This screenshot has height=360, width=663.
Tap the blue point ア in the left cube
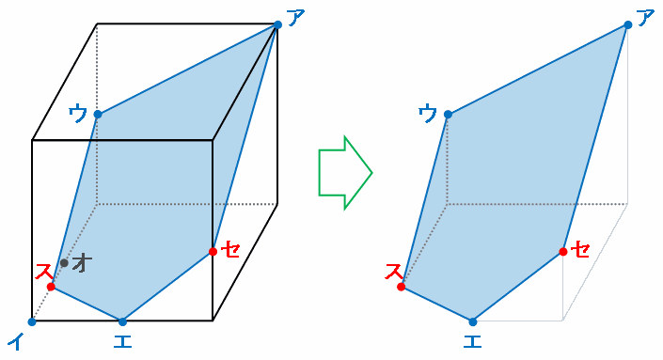[x=277, y=24]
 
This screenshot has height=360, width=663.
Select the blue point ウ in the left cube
[x=98, y=114]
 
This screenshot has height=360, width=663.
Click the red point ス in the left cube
[x=51, y=287]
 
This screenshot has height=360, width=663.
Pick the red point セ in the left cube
[x=213, y=251]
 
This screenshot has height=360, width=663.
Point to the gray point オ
[x=64, y=263]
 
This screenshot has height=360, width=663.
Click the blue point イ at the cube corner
[x=32, y=322]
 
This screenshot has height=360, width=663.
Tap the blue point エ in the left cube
[x=122, y=322]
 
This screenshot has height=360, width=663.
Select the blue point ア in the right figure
[x=628, y=24]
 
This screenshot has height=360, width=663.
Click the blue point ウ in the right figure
[x=448, y=114]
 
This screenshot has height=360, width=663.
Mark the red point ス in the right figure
[x=402, y=287]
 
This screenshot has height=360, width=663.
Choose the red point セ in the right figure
[x=563, y=251]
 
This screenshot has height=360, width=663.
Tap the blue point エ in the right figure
[x=473, y=322]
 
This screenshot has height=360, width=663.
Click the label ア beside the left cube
[x=296, y=18]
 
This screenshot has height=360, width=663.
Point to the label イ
[x=16, y=341]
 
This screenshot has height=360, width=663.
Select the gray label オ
[x=82, y=263]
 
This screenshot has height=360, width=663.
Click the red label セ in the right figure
[x=580, y=249]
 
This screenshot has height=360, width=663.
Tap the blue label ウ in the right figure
[x=428, y=113]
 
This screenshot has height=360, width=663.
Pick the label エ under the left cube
[x=122, y=341]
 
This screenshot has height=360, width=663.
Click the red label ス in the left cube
[x=44, y=272]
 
